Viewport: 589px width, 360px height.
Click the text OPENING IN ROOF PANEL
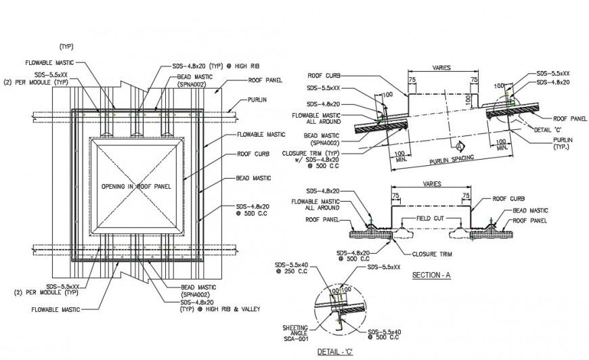[135, 186]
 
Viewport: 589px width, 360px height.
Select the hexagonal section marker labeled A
[460, 145]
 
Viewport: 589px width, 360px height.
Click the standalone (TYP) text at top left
[66, 46]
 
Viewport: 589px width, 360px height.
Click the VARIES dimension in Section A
[431, 183]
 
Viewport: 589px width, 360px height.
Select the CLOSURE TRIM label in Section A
[432, 254]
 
